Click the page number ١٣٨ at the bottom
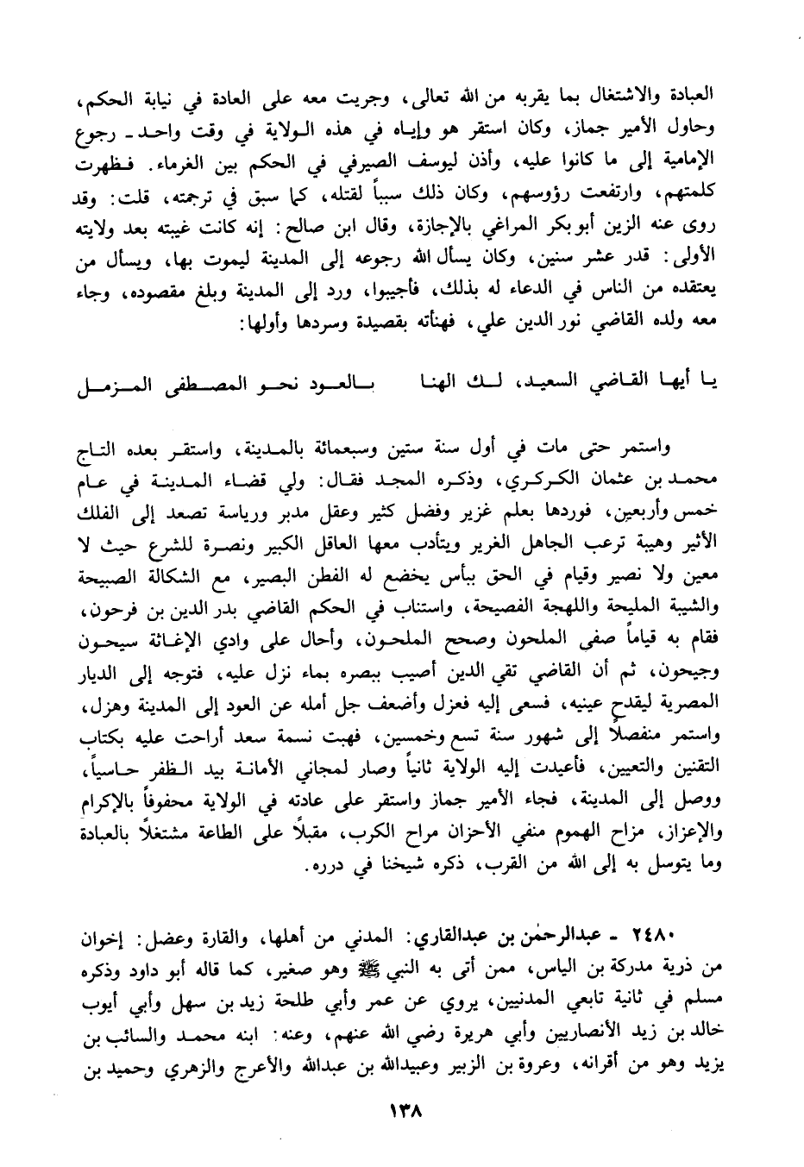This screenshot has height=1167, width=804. [402, 1112]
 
